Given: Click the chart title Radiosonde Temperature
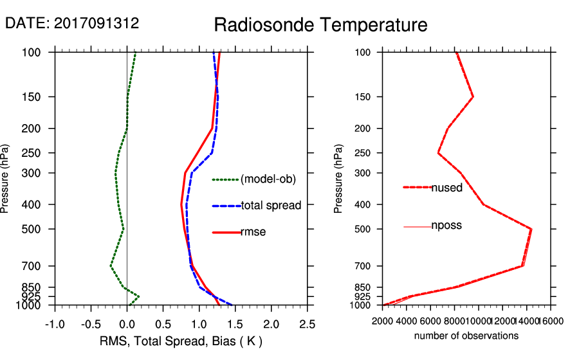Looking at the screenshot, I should (x=320, y=25).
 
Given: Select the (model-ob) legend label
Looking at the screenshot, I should (x=268, y=179).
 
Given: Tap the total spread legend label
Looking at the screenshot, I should (x=271, y=206).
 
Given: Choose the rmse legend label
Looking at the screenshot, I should (x=253, y=232).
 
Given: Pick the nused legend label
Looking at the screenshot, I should (x=446, y=187).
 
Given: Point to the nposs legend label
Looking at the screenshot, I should (x=446, y=226).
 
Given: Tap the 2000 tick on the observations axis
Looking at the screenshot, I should (x=383, y=321).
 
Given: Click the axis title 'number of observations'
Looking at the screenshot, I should (x=466, y=336).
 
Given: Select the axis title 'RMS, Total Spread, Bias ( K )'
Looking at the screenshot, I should (x=181, y=341).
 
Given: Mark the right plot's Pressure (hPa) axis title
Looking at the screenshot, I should (x=338, y=179).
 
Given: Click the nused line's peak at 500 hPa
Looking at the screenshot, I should (x=531, y=229).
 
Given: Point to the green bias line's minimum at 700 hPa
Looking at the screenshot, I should (x=111, y=265).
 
